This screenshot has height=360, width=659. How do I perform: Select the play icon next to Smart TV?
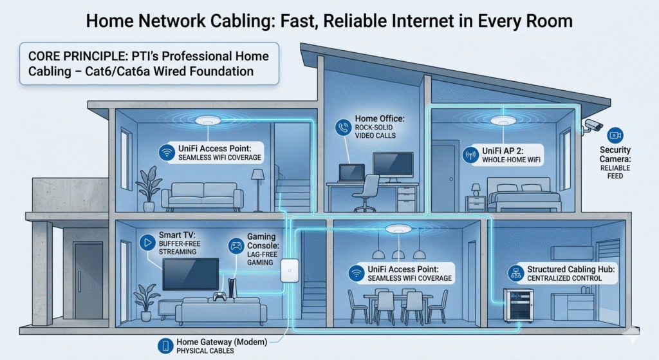[x=147, y=243]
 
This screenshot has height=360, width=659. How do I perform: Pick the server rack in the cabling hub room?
[x=517, y=305]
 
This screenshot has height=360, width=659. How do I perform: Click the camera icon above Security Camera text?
[x=615, y=135]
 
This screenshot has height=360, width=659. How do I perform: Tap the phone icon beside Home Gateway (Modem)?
[x=165, y=345]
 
